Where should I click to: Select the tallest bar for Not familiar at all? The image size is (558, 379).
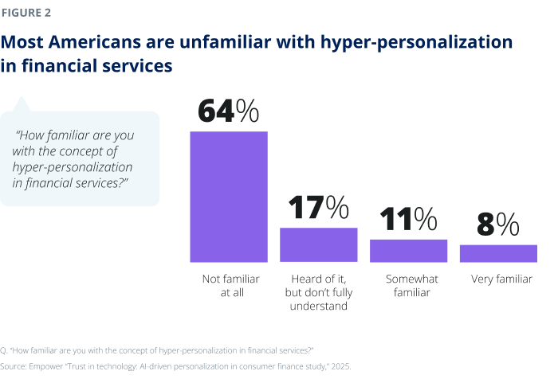point(228,196)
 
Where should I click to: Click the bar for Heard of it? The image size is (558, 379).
point(318,244)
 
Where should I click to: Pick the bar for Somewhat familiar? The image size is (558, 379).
point(408,251)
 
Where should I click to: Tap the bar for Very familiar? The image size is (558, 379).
point(498,253)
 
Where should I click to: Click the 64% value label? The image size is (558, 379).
point(228,111)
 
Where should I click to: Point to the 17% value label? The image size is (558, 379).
point(318,209)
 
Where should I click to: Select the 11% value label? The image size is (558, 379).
point(407,220)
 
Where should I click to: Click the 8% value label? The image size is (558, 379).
point(498,225)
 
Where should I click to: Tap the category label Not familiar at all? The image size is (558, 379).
point(228,286)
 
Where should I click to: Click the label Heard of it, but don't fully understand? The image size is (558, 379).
point(318,292)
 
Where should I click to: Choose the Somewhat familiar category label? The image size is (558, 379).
point(408,286)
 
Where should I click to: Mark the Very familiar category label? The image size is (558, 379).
point(498,279)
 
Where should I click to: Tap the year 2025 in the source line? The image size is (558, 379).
point(335,365)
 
